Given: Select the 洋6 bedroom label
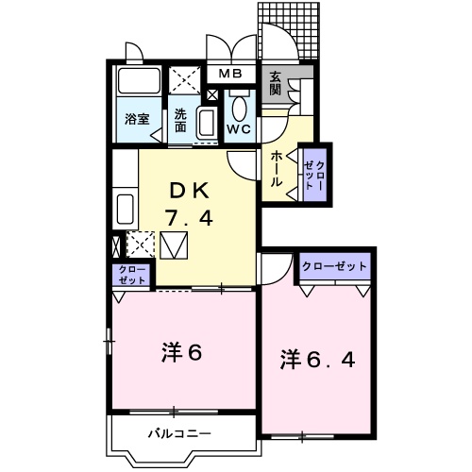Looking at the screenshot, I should [181, 353].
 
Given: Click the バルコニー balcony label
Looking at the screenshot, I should [178, 434].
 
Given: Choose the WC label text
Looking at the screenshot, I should [239, 129].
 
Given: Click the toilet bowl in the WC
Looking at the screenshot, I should [239, 106].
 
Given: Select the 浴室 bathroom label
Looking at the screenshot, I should [137, 119].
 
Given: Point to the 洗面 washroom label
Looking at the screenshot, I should [180, 121].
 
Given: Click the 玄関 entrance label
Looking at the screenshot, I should [275, 84].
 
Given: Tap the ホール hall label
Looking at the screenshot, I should [276, 168].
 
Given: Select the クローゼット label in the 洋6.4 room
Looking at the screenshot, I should [334, 267].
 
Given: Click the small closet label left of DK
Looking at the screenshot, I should [132, 275].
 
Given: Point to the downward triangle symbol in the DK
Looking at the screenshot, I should [175, 247].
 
